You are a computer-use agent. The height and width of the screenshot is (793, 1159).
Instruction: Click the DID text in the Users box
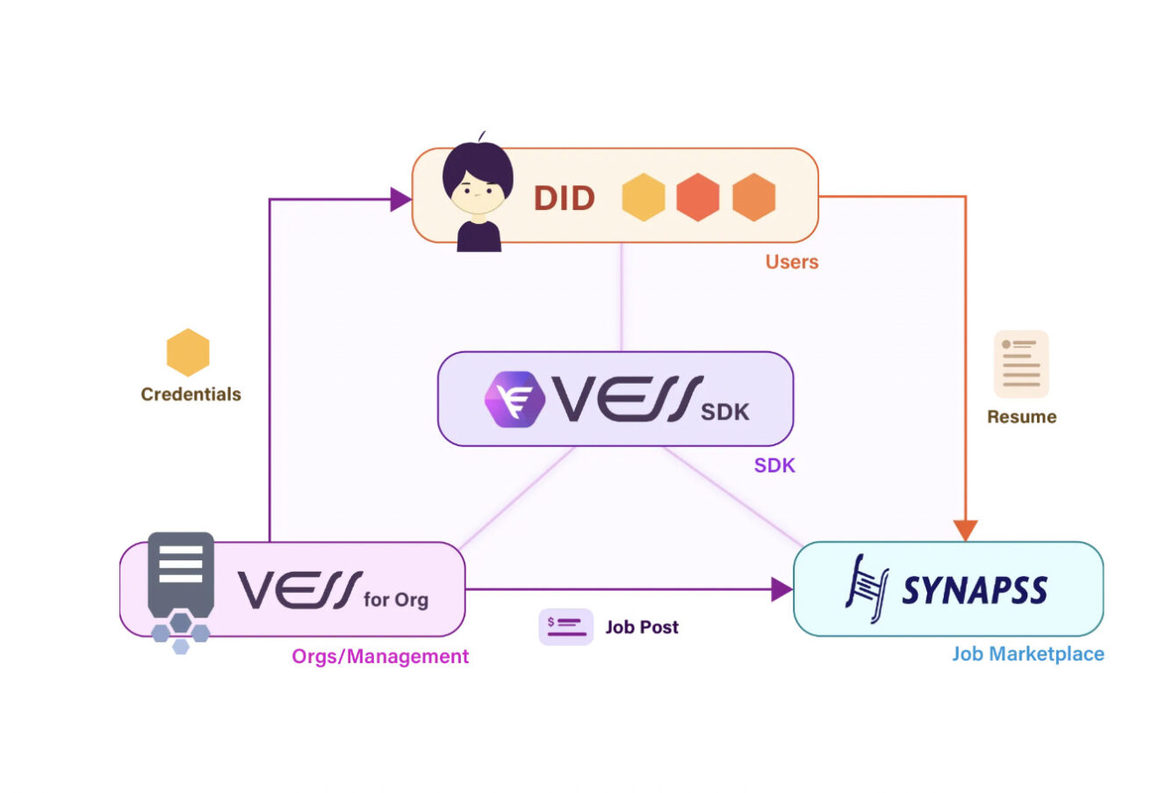coord(564,198)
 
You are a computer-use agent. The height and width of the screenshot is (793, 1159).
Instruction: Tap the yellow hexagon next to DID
coord(644,197)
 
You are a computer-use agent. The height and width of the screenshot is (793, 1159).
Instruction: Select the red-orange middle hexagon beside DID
coord(698,197)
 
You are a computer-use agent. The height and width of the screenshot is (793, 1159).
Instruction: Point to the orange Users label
coord(791,262)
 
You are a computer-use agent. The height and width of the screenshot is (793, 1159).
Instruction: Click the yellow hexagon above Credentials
coord(188,352)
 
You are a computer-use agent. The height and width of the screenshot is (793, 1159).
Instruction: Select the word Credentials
coord(191,394)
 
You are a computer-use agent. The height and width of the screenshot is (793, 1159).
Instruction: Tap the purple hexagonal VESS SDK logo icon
coord(515,399)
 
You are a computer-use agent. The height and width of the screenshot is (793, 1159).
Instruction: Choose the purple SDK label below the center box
coord(774,465)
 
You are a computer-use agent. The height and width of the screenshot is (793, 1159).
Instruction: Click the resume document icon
coord(1021,364)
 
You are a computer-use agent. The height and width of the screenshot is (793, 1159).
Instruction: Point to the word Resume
coord(1021,417)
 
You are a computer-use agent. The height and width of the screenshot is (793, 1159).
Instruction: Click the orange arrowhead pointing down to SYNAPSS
coord(965,530)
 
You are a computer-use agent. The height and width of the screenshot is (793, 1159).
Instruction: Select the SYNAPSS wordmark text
coord(975,590)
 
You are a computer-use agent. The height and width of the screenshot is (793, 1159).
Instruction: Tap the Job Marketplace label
coord(1027,654)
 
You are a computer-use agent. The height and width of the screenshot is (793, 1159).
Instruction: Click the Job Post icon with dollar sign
coord(565,627)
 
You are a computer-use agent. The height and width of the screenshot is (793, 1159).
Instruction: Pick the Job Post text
coord(642,627)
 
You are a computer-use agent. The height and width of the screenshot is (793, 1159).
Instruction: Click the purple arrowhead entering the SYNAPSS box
coord(781,589)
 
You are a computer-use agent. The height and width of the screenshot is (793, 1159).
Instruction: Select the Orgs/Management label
coord(380,657)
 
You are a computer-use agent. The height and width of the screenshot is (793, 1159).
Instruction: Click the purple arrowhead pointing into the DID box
coord(401,199)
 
